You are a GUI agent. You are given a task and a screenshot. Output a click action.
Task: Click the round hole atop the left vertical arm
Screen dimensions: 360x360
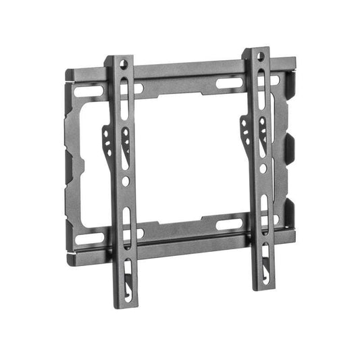pyautogui.click(x=124, y=64)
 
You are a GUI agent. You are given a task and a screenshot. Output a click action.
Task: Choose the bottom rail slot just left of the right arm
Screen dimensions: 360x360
pyautogui.click(x=228, y=224)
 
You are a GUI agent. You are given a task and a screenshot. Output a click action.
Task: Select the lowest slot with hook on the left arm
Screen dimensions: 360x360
pyautogui.click(x=126, y=270)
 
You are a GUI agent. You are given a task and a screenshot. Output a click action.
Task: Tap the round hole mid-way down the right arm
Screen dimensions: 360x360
pyautogui.click(x=263, y=168)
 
